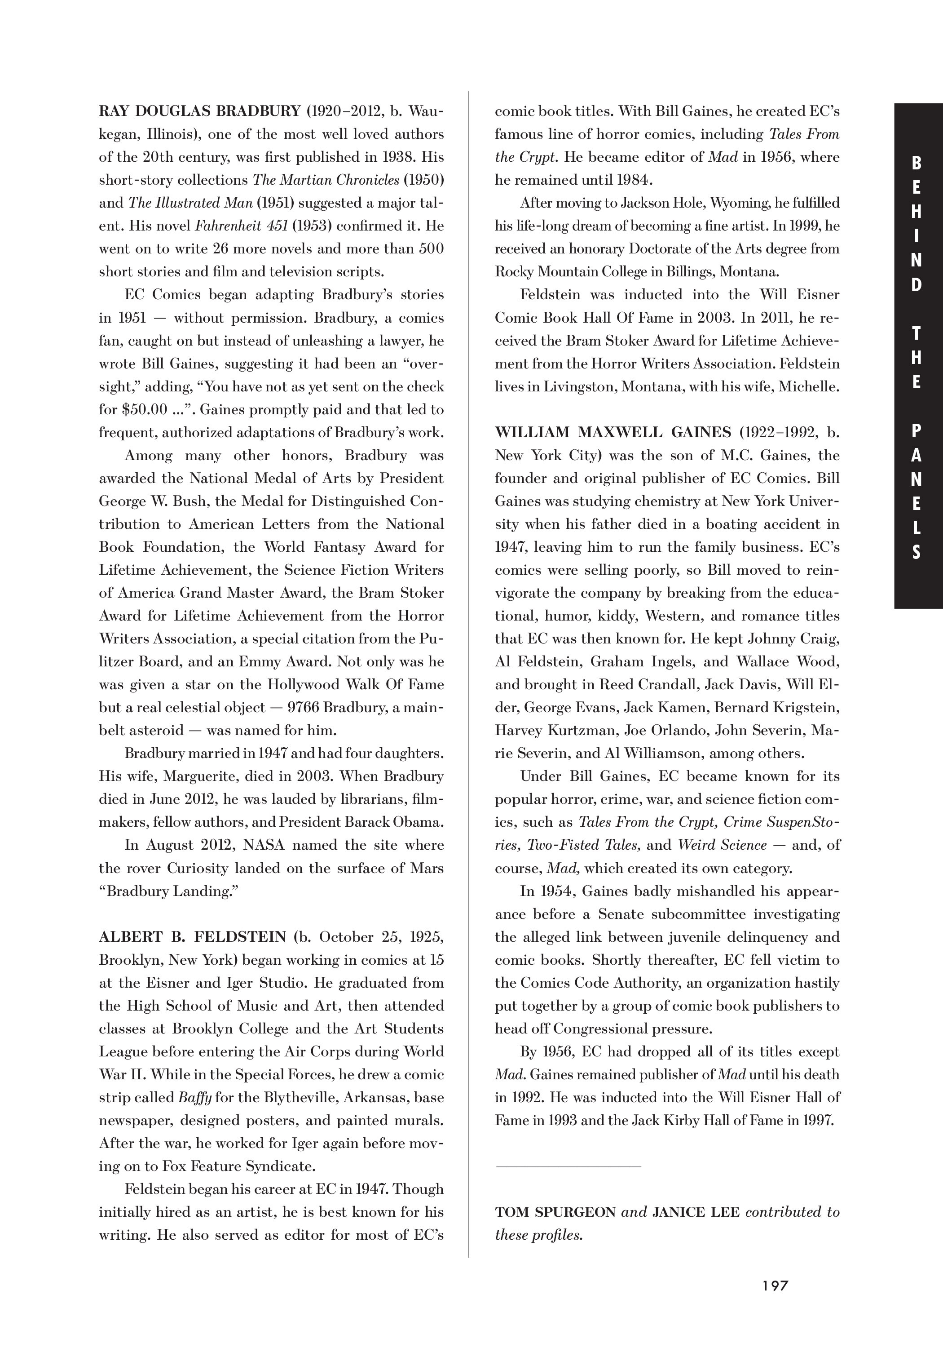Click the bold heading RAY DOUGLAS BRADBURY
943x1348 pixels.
(x=199, y=111)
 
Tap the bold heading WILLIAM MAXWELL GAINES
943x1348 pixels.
(x=613, y=432)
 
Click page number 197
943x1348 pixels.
(x=775, y=1285)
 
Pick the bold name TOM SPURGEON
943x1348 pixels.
(x=555, y=1212)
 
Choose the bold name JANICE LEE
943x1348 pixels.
(x=696, y=1212)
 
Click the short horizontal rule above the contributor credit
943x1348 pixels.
(x=568, y=1166)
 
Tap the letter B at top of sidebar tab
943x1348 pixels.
(x=917, y=164)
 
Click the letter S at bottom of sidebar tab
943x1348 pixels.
(x=917, y=553)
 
